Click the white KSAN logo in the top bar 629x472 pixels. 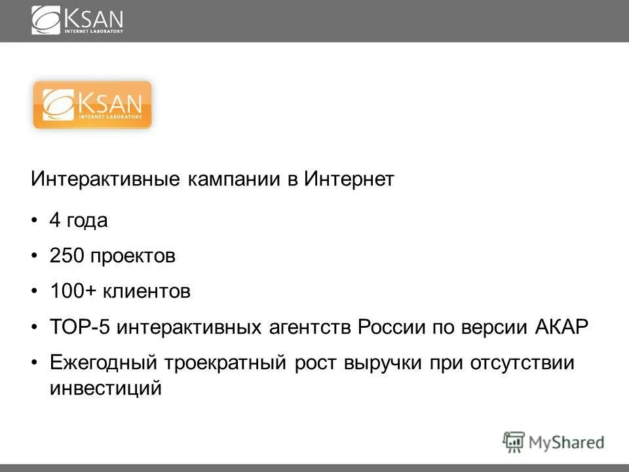(x=77, y=20)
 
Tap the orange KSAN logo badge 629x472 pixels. (x=92, y=105)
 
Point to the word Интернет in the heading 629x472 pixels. (x=349, y=180)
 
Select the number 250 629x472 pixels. (x=66, y=256)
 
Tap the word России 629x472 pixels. (x=391, y=327)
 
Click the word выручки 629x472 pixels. (x=383, y=363)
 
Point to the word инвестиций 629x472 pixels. (x=105, y=387)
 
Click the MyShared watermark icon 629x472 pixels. (x=514, y=442)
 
